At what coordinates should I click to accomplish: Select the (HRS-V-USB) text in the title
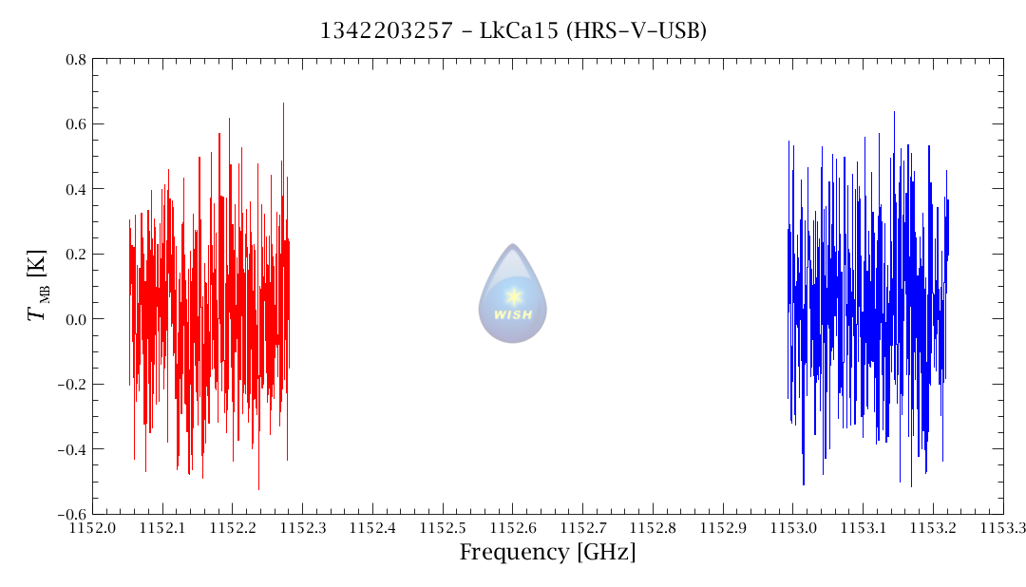click(x=636, y=31)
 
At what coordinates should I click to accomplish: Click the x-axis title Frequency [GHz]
click(x=547, y=552)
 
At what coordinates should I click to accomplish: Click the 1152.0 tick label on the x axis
click(x=93, y=526)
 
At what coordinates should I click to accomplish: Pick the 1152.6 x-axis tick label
click(x=513, y=526)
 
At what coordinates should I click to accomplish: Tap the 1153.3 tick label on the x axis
click(x=1002, y=526)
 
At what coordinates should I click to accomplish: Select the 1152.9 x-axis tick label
click(x=723, y=526)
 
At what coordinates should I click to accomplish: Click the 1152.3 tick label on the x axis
click(x=303, y=526)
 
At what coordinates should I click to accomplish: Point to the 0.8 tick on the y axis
click(x=75, y=60)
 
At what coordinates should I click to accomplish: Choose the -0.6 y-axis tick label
click(x=72, y=514)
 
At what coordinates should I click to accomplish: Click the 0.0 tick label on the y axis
click(x=75, y=319)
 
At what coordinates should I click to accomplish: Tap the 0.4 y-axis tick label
click(x=75, y=189)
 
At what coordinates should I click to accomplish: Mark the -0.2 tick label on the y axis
click(x=72, y=385)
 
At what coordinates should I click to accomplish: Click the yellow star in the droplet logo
click(x=513, y=295)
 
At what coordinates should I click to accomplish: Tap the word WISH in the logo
click(x=513, y=314)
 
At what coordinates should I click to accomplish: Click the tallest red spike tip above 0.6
click(x=283, y=104)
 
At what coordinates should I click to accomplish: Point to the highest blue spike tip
click(x=894, y=112)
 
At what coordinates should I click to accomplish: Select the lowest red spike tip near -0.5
click(x=258, y=489)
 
